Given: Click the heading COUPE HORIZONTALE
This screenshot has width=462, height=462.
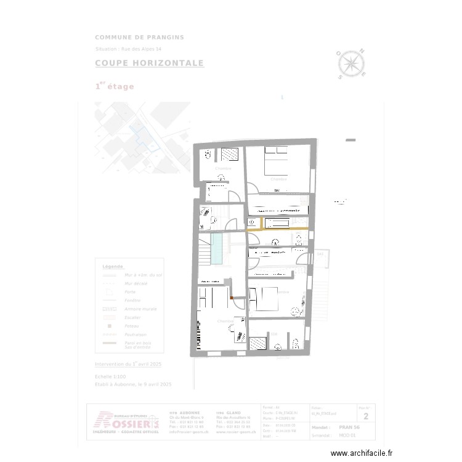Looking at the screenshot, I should coord(149,63).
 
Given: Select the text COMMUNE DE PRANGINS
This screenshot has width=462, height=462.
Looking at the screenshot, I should coord(139,38).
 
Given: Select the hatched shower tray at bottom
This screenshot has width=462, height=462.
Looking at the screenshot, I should coord(258,343).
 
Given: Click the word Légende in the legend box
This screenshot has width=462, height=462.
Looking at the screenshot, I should coord(112,267).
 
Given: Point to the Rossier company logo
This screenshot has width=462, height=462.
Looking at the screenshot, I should coord(126,419).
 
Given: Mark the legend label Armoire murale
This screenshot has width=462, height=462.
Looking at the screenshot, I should coord(140,309).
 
